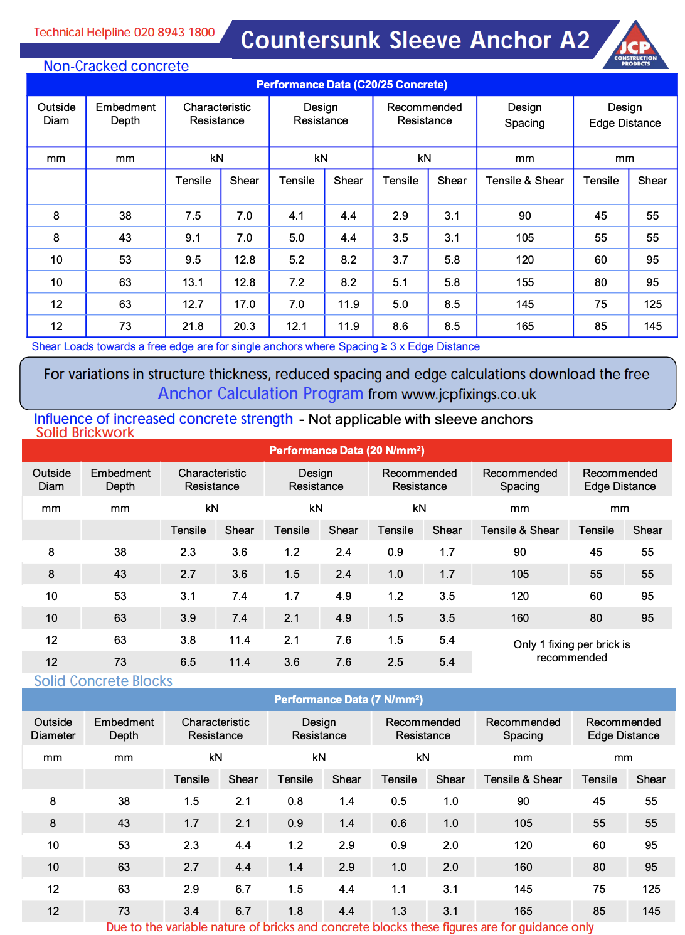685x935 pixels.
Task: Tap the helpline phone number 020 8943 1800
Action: [x=174, y=32]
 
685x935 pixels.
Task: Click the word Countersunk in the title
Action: [x=311, y=40]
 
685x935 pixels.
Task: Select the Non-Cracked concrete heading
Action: [x=116, y=66]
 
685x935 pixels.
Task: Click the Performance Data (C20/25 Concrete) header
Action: [x=352, y=85]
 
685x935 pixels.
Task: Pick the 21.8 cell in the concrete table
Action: [x=193, y=326]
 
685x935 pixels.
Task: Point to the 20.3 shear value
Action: [x=245, y=326]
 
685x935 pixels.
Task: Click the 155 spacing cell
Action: [x=525, y=282]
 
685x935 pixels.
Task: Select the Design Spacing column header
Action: [x=525, y=115]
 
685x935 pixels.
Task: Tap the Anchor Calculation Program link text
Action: [x=260, y=394]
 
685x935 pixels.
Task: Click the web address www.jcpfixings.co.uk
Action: [x=469, y=394]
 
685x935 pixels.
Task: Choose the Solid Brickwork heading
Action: [x=85, y=432]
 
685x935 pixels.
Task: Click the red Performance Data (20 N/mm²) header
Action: [x=347, y=451]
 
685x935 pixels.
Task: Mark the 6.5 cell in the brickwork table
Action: [x=188, y=662]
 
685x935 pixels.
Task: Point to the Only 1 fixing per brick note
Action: [x=571, y=651]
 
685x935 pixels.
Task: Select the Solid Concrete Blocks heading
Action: [x=103, y=681]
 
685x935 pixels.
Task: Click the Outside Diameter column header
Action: [x=53, y=729]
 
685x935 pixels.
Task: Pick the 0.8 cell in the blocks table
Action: [x=295, y=801]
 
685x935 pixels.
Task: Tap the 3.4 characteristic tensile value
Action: [x=191, y=911]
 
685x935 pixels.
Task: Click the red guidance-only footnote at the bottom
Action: [x=349, y=927]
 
